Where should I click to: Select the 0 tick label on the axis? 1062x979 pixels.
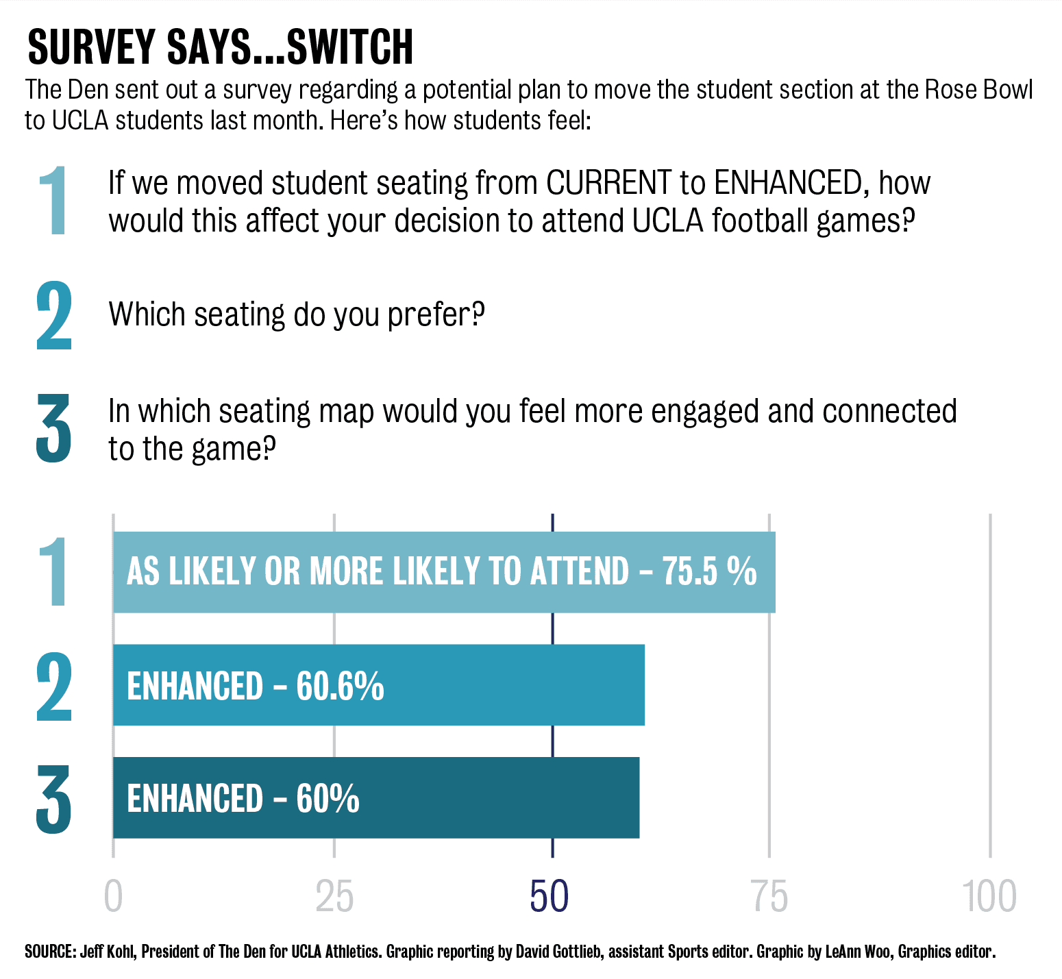click(113, 897)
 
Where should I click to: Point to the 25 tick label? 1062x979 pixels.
click(334, 897)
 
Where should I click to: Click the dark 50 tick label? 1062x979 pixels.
click(549, 897)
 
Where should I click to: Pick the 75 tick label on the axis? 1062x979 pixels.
click(770, 897)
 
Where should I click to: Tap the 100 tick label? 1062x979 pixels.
click(989, 897)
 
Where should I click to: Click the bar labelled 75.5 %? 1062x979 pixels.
click(444, 572)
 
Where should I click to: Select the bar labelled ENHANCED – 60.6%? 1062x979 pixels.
click(378, 684)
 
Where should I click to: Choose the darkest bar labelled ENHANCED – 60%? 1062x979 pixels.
click(375, 797)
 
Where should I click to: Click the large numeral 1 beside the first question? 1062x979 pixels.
click(53, 201)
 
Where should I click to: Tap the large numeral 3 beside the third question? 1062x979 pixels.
click(53, 429)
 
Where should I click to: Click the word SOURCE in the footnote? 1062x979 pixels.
click(49, 952)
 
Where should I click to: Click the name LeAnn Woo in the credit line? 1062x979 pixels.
click(859, 952)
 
